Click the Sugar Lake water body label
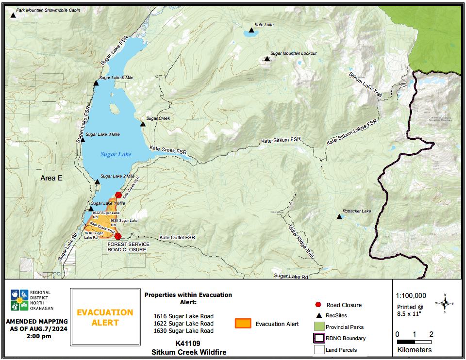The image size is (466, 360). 116,154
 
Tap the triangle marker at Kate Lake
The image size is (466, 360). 251,31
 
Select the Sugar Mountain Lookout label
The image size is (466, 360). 293,53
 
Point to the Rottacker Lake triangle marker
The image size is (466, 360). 339,217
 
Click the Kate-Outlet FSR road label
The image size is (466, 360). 177,238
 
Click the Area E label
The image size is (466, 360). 51,178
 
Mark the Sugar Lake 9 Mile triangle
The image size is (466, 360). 96,83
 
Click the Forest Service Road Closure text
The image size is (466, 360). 127,247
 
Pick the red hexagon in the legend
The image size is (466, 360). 318,305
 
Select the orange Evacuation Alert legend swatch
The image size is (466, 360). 243,324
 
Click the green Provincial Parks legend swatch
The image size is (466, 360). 318,327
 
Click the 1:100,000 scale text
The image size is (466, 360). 411,295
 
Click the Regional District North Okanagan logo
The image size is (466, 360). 21,300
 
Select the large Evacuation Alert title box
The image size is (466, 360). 105,317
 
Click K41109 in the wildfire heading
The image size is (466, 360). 188,343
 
